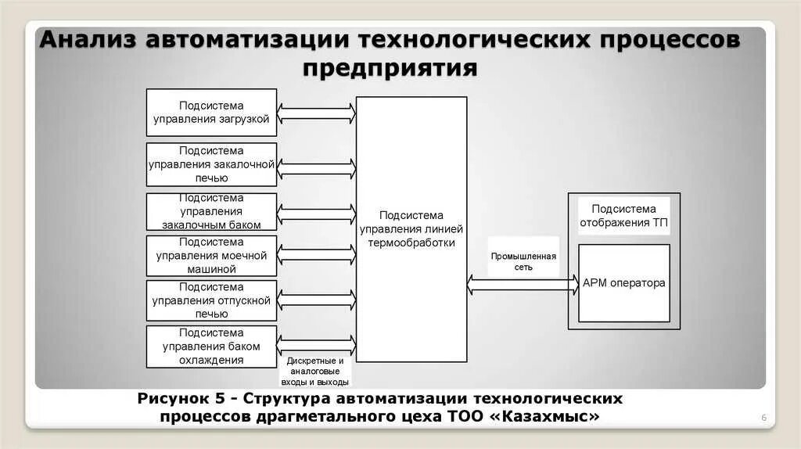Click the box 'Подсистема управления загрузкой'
tap(211, 112)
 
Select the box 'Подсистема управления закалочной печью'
tap(211, 164)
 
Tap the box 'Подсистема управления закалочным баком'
tap(211, 211)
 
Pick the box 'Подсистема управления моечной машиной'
tap(211, 256)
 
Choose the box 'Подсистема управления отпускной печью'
tap(211, 300)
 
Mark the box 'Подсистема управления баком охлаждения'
tap(211, 347)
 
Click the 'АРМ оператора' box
tap(623, 283)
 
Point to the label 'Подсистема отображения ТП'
tap(623, 214)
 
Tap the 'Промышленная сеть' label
tap(523, 261)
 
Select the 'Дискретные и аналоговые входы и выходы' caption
tap(314, 372)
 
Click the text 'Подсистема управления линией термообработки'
tap(411, 228)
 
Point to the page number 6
tap(763, 419)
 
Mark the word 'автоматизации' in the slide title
tap(248, 41)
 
